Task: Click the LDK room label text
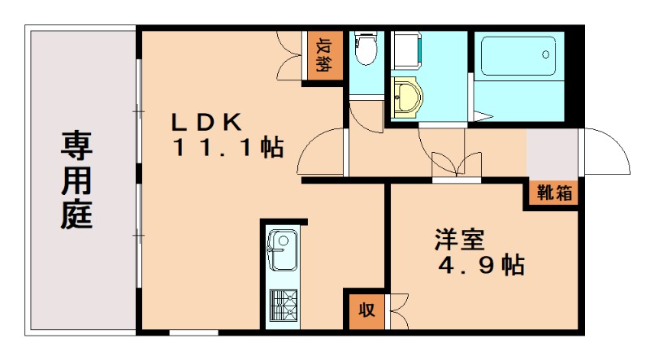pos(206,122)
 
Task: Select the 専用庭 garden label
pos(76,180)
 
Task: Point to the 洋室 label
pos(459,240)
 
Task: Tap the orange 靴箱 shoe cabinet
pos(552,194)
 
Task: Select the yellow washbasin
pos(405,98)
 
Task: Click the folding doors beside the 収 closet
pos(398,310)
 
